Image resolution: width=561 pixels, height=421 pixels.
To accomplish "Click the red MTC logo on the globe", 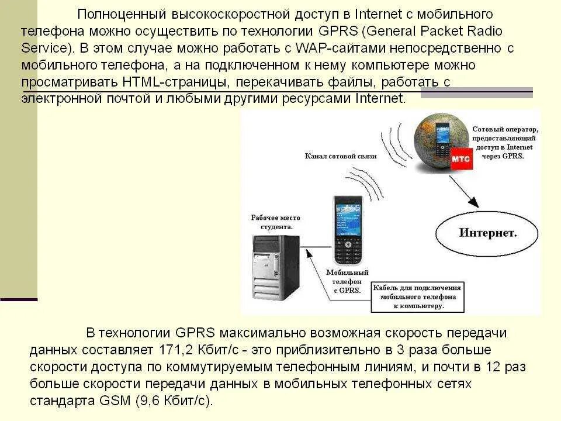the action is pyautogui.click(x=460, y=158).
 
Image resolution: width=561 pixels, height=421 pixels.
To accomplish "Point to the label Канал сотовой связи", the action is pyautogui.click(x=341, y=156).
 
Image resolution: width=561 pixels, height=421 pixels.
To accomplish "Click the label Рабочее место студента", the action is pyautogui.click(x=272, y=222).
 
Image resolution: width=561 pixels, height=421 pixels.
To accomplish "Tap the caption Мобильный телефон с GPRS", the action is pyautogui.click(x=347, y=281).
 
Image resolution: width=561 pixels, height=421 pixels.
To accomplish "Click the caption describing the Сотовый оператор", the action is pyautogui.click(x=505, y=143).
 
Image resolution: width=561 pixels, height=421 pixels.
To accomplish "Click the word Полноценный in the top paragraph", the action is pyautogui.click(x=119, y=13).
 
